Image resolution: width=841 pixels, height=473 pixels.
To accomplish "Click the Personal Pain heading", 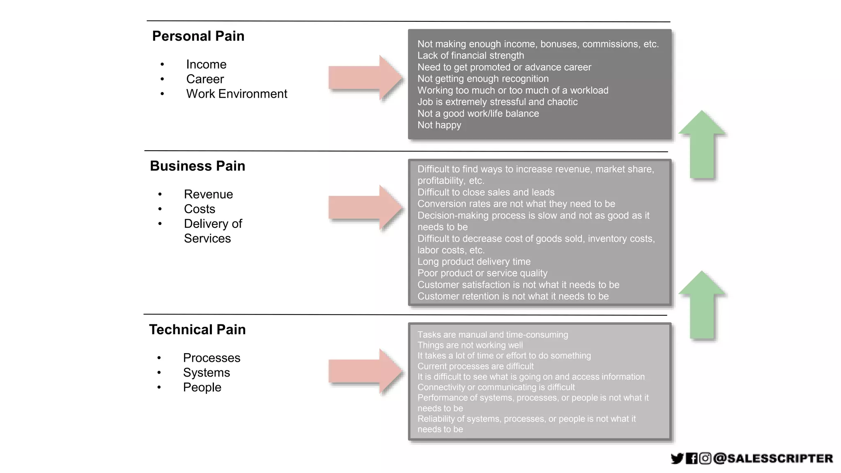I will coord(198,36).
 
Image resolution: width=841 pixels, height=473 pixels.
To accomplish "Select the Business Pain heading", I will coord(197,166).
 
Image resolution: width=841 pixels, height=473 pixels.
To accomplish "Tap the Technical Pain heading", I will coord(197,329).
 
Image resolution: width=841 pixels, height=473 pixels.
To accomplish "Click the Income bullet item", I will coord(206,64).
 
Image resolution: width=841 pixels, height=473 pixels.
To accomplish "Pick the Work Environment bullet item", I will coord(237,94).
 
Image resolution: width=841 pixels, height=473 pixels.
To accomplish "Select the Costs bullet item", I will coord(199,209).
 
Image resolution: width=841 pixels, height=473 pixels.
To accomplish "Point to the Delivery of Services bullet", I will coord(213,231).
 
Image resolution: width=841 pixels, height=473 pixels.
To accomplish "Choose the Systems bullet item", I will coord(206,372).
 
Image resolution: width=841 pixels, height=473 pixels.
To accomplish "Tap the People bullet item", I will coord(202,387).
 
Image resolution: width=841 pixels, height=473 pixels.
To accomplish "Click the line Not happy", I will coord(439,125).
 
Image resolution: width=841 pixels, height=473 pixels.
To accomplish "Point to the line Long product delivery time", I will coord(474,262).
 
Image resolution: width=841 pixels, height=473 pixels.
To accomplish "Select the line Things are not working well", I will coord(470,345).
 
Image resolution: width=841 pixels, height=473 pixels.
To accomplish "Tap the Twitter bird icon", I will coord(677,458).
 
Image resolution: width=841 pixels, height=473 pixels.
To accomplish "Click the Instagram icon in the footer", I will coord(705,458).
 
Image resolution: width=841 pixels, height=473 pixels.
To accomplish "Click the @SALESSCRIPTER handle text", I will coord(773,458).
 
